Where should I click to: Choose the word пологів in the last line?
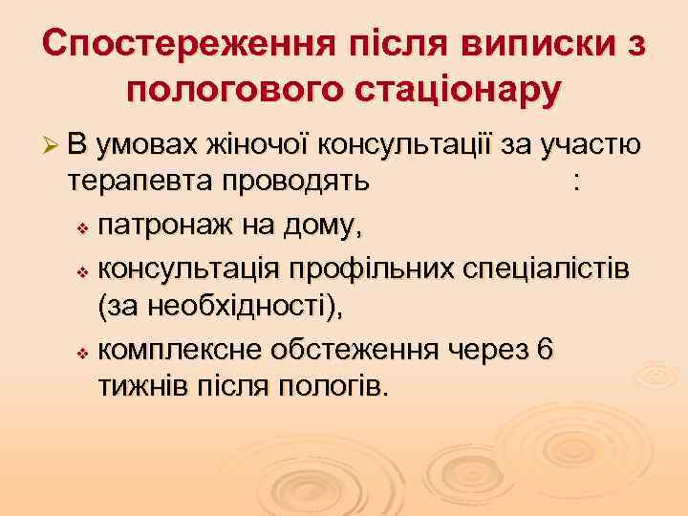332,388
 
